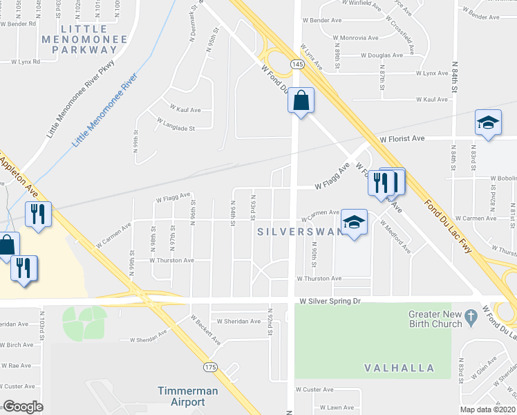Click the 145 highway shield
click(x=297, y=64)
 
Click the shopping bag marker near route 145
click(x=301, y=100)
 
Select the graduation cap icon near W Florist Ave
click(x=488, y=123)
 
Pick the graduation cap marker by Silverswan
click(x=355, y=222)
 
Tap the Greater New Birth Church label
click(x=434, y=319)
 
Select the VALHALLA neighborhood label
click(x=402, y=368)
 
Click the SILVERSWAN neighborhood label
click(x=300, y=232)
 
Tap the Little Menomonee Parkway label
click(x=94, y=39)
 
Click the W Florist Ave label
click(x=402, y=138)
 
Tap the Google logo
click(x=23, y=407)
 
